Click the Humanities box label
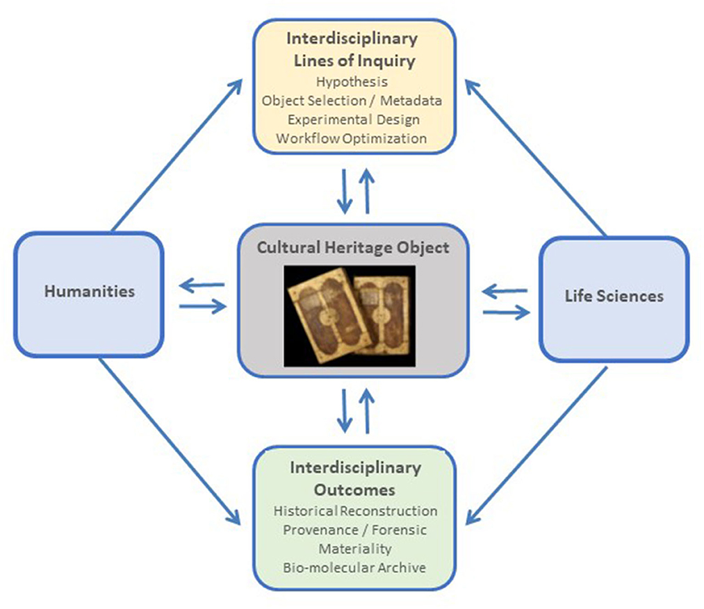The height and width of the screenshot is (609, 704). [90, 291]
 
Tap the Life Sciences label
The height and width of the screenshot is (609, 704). [614, 296]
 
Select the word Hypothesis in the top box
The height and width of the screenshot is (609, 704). [352, 82]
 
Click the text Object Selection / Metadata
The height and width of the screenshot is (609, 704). [352, 100]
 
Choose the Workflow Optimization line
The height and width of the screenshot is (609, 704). [351, 137]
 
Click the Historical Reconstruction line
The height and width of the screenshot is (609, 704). [355, 511]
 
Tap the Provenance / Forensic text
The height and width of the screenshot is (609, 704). [354, 530]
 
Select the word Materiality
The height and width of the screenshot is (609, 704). [354, 549]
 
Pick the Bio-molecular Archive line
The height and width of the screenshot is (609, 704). [354, 567]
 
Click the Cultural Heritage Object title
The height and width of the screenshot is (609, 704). [353, 247]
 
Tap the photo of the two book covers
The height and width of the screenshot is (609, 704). [350, 315]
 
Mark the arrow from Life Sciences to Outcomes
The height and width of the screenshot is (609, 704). [536, 444]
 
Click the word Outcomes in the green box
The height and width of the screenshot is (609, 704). [354, 490]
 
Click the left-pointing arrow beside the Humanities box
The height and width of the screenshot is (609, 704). [202, 284]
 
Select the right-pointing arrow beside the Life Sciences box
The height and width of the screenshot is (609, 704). [505, 313]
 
